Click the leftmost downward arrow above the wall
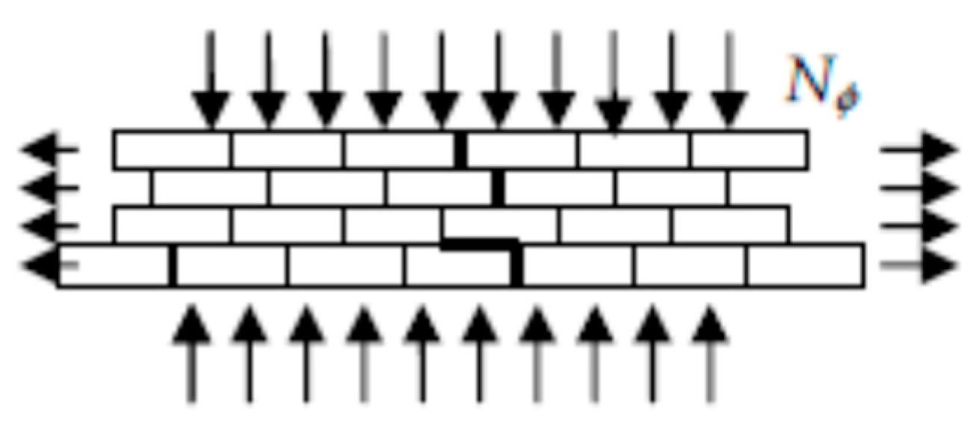[211, 82]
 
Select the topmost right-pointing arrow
[919, 149]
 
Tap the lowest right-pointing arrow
[919, 264]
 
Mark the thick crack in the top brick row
[460, 149]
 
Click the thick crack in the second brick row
[498, 187]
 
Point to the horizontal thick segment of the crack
[478, 244]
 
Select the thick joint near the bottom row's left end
[173, 265]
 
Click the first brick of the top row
[173, 149]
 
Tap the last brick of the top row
[749, 149]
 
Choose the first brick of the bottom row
[114, 265]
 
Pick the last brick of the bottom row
[806, 265]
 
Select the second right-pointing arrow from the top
[919, 187]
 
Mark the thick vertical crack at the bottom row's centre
[516, 265]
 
